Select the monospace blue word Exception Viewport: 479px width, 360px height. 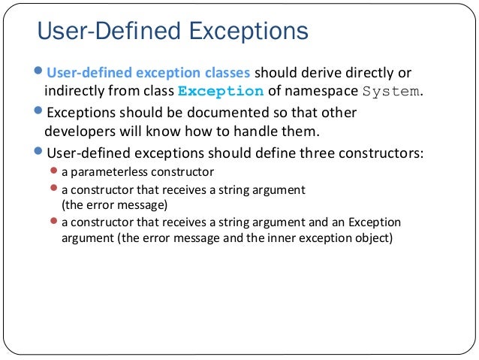click(x=220, y=92)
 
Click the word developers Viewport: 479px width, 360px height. click(x=81, y=132)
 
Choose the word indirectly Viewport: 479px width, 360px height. click(x=74, y=92)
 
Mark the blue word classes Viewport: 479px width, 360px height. click(x=222, y=73)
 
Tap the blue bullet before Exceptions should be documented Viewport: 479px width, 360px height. click(x=40, y=112)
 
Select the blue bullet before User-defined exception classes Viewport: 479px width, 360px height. click(x=40, y=72)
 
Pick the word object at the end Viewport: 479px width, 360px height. click(x=375, y=240)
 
